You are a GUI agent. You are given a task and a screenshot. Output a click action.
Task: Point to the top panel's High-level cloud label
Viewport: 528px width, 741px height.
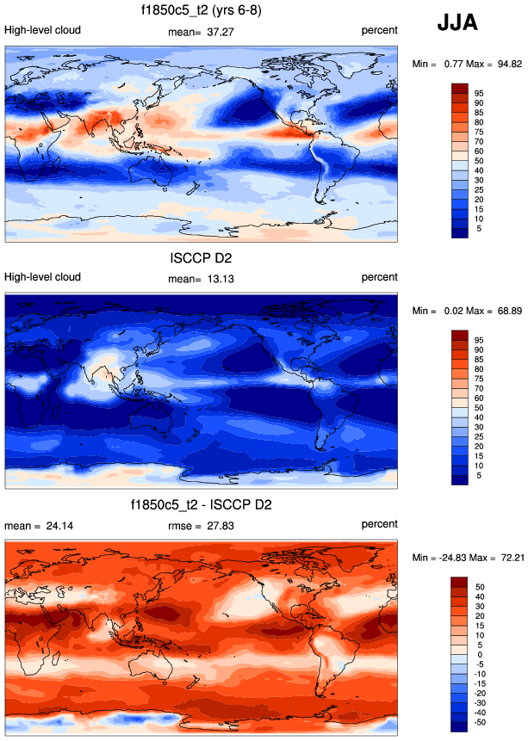coord(43,30)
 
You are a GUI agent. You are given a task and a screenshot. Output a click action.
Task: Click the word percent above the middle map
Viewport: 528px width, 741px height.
coord(379,277)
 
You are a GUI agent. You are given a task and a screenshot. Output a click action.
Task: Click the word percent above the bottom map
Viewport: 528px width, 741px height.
coord(379,524)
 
